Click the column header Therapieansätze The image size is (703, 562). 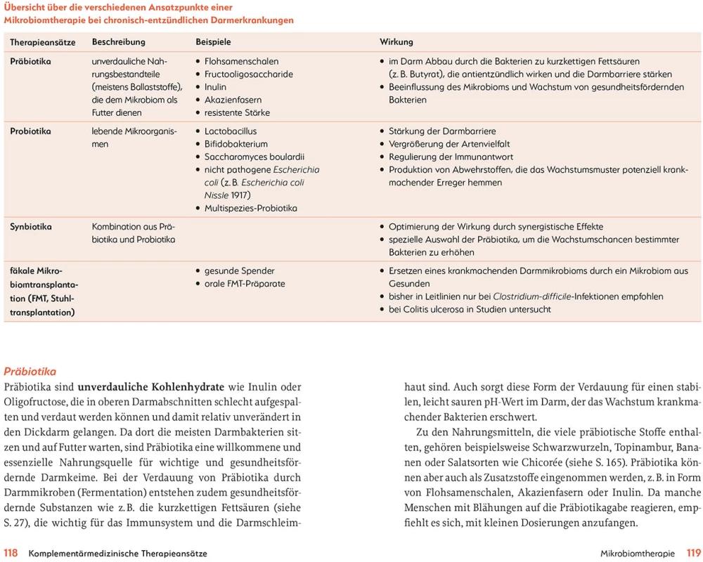(42, 42)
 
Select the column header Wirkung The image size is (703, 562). (396, 42)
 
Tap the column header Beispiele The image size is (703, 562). (213, 42)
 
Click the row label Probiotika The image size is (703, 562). (30, 131)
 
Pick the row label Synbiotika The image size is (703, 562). (31, 227)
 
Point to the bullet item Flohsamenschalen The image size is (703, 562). (241, 62)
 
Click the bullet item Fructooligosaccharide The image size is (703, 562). (248, 74)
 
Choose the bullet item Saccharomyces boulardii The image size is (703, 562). (254, 157)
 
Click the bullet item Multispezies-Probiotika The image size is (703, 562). (250, 208)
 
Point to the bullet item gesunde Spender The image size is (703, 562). (239, 271)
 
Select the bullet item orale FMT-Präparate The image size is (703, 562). (245, 284)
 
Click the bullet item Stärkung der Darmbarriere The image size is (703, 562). (442, 131)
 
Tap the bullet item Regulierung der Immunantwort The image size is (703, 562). (451, 157)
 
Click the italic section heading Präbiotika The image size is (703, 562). (30, 372)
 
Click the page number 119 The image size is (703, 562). (694, 554)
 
